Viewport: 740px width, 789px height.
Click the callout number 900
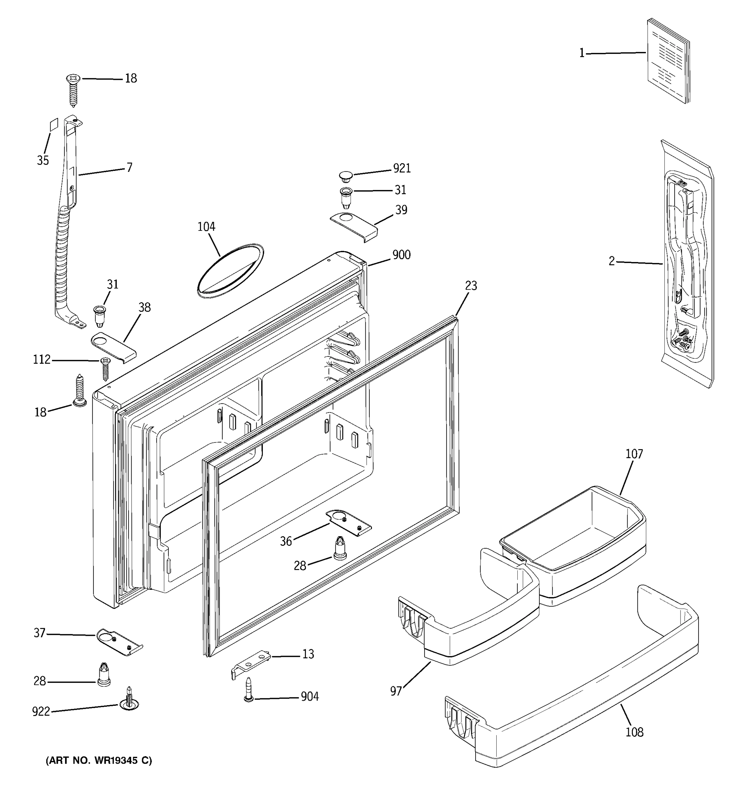(x=401, y=255)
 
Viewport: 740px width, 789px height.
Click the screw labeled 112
(x=105, y=368)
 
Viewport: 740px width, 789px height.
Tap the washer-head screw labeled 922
(x=129, y=704)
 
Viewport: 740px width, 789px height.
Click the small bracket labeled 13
(x=251, y=662)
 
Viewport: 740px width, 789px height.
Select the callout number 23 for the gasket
(x=471, y=286)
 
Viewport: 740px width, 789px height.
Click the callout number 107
(x=634, y=454)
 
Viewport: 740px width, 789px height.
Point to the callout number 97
(x=396, y=691)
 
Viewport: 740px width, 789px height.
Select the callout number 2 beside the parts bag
(x=611, y=261)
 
